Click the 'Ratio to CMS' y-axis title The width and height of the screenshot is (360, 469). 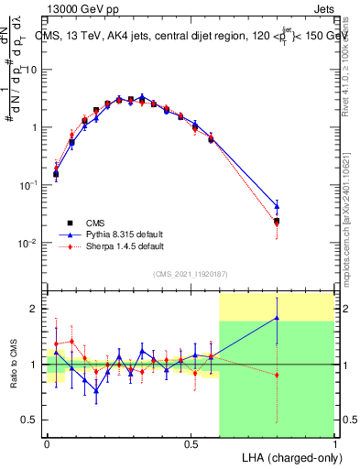(x=11, y=364)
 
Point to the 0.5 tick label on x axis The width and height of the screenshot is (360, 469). (x=191, y=443)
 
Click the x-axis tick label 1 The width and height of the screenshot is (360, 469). (x=333, y=443)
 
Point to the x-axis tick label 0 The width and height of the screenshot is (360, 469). (x=48, y=443)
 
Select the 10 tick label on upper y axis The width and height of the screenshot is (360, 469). (x=34, y=70)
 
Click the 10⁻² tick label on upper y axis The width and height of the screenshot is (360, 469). (x=31, y=243)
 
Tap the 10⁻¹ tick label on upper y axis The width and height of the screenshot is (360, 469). (x=31, y=185)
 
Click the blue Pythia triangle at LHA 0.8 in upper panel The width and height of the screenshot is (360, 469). (x=277, y=206)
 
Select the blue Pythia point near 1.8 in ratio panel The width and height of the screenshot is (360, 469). (x=277, y=318)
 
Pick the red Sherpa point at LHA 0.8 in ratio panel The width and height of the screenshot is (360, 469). (x=277, y=375)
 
